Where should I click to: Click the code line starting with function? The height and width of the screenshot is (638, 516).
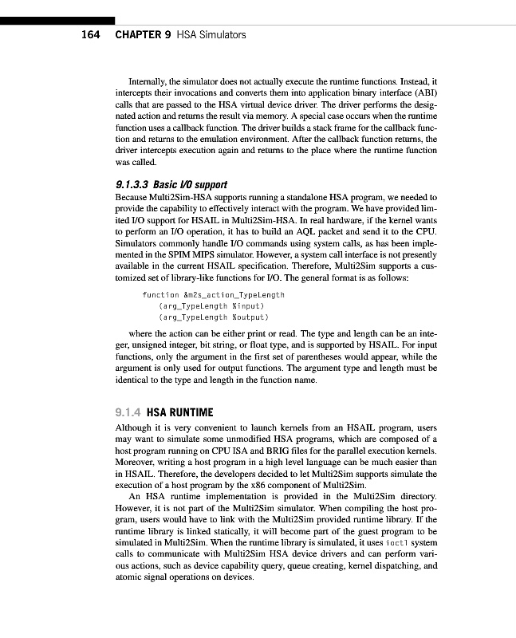coord(212,295)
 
